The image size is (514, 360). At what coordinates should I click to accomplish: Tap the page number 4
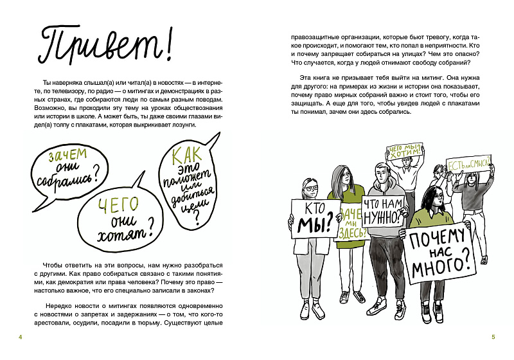pyautogui.click(x=21, y=337)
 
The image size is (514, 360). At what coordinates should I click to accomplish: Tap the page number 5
pyautogui.click(x=493, y=337)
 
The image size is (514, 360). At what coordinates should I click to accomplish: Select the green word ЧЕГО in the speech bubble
pyautogui.click(x=118, y=205)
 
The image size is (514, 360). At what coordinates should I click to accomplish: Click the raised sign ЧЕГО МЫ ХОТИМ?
pyautogui.click(x=403, y=152)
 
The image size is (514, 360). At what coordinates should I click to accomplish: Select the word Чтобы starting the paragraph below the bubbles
pyautogui.click(x=53, y=265)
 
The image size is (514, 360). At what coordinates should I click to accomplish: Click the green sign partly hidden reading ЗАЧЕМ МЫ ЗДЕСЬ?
pyautogui.click(x=351, y=221)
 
